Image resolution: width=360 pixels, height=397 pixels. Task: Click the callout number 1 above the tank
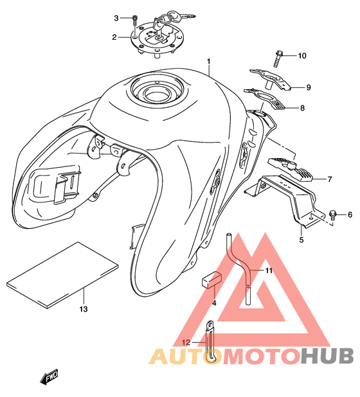[209, 62]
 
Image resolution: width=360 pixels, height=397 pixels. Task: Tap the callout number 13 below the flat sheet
[84, 309]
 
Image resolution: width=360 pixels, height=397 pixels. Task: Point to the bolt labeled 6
[332, 215]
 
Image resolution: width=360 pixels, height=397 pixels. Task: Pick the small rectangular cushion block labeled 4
[212, 279]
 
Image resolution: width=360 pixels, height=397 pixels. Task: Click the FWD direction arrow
[49, 376]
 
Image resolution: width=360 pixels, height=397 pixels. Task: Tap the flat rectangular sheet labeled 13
[62, 275]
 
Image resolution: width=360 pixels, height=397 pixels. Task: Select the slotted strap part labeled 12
[210, 342]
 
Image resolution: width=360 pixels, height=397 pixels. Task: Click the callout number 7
[330, 179]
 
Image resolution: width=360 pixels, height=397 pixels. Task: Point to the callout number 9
[309, 87]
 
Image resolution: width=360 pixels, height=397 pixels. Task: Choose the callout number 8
[302, 108]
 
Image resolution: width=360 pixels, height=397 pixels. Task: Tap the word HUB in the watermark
[327, 356]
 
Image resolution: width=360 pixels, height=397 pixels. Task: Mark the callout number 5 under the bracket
[301, 240]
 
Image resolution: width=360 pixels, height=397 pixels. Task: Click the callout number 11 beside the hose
[269, 270]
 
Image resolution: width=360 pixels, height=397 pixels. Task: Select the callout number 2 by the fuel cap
[114, 37]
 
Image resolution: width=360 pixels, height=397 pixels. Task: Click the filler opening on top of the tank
[157, 91]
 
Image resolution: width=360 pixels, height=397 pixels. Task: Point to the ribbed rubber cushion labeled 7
[291, 168]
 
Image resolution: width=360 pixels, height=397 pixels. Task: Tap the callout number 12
[186, 342]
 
